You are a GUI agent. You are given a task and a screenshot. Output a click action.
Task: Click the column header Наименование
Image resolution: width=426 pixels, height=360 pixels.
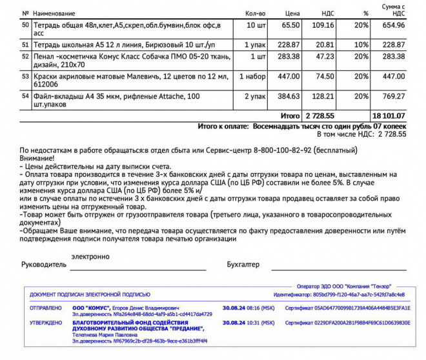pyautogui.click(x=54, y=13)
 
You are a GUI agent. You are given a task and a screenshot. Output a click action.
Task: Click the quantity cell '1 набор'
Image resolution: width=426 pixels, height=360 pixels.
pyautogui.click(x=252, y=76)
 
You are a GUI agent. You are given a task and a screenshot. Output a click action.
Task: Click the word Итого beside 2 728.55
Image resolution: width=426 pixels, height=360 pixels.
pyautogui.click(x=289, y=115)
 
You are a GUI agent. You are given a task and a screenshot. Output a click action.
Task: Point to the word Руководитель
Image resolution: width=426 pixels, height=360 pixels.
pyautogui.click(x=44, y=265)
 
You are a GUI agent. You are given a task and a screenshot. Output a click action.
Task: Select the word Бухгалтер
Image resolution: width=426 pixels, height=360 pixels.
pyautogui.click(x=243, y=265)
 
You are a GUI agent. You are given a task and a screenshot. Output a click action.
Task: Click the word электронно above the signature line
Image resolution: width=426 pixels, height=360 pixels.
pyautogui.click(x=91, y=256)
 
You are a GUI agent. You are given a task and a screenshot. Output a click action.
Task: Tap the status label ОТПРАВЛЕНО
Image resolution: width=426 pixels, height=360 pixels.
pyautogui.click(x=45, y=308)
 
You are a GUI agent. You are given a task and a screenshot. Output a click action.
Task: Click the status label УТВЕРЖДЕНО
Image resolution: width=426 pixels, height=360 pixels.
pyautogui.click(x=45, y=321)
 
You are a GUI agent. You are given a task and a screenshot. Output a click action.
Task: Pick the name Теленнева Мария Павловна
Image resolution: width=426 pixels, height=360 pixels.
pyautogui.click(x=105, y=335)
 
